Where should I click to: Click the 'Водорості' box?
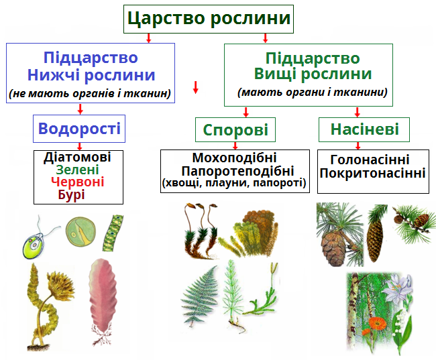79,128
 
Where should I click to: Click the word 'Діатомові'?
77,157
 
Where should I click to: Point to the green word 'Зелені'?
78,169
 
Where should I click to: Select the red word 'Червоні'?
78,182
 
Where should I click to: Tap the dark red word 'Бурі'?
78,194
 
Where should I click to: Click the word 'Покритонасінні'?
373,173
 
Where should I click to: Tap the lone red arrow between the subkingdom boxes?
196,87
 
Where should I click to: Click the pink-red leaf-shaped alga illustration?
103,295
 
